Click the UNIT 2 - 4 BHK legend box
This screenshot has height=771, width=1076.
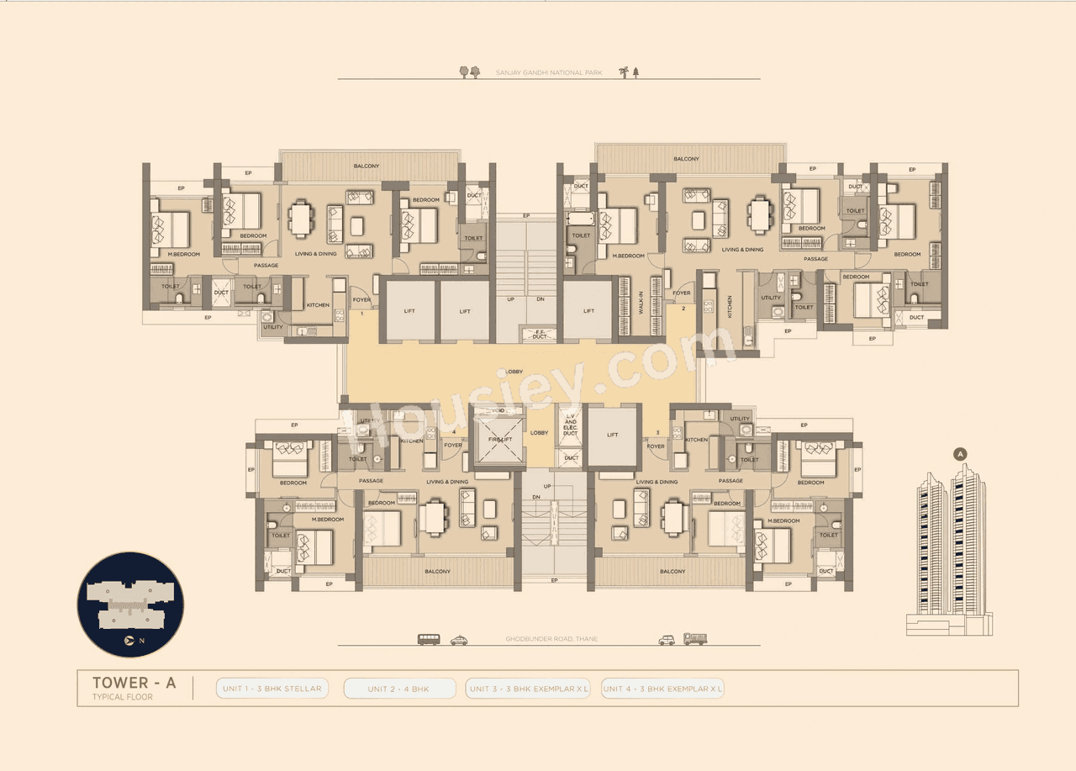(x=399, y=689)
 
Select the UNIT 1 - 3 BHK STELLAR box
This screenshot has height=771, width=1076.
(x=272, y=689)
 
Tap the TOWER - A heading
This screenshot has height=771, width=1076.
(x=134, y=683)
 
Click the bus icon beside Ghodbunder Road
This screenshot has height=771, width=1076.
(x=429, y=639)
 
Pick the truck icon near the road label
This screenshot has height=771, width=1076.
(x=695, y=639)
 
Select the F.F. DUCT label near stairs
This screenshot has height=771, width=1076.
(x=540, y=334)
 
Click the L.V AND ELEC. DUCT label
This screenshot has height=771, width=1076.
(x=572, y=425)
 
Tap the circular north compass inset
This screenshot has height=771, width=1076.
(x=130, y=605)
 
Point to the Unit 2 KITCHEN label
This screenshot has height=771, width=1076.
(x=729, y=311)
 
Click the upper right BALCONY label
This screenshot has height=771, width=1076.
(x=686, y=159)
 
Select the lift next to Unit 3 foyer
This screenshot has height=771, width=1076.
(x=612, y=436)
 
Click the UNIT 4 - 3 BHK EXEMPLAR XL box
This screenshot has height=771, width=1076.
(x=662, y=689)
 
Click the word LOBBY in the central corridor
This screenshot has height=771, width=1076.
(x=514, y=371)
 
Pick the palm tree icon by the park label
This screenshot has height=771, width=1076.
(x=624, y=72)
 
